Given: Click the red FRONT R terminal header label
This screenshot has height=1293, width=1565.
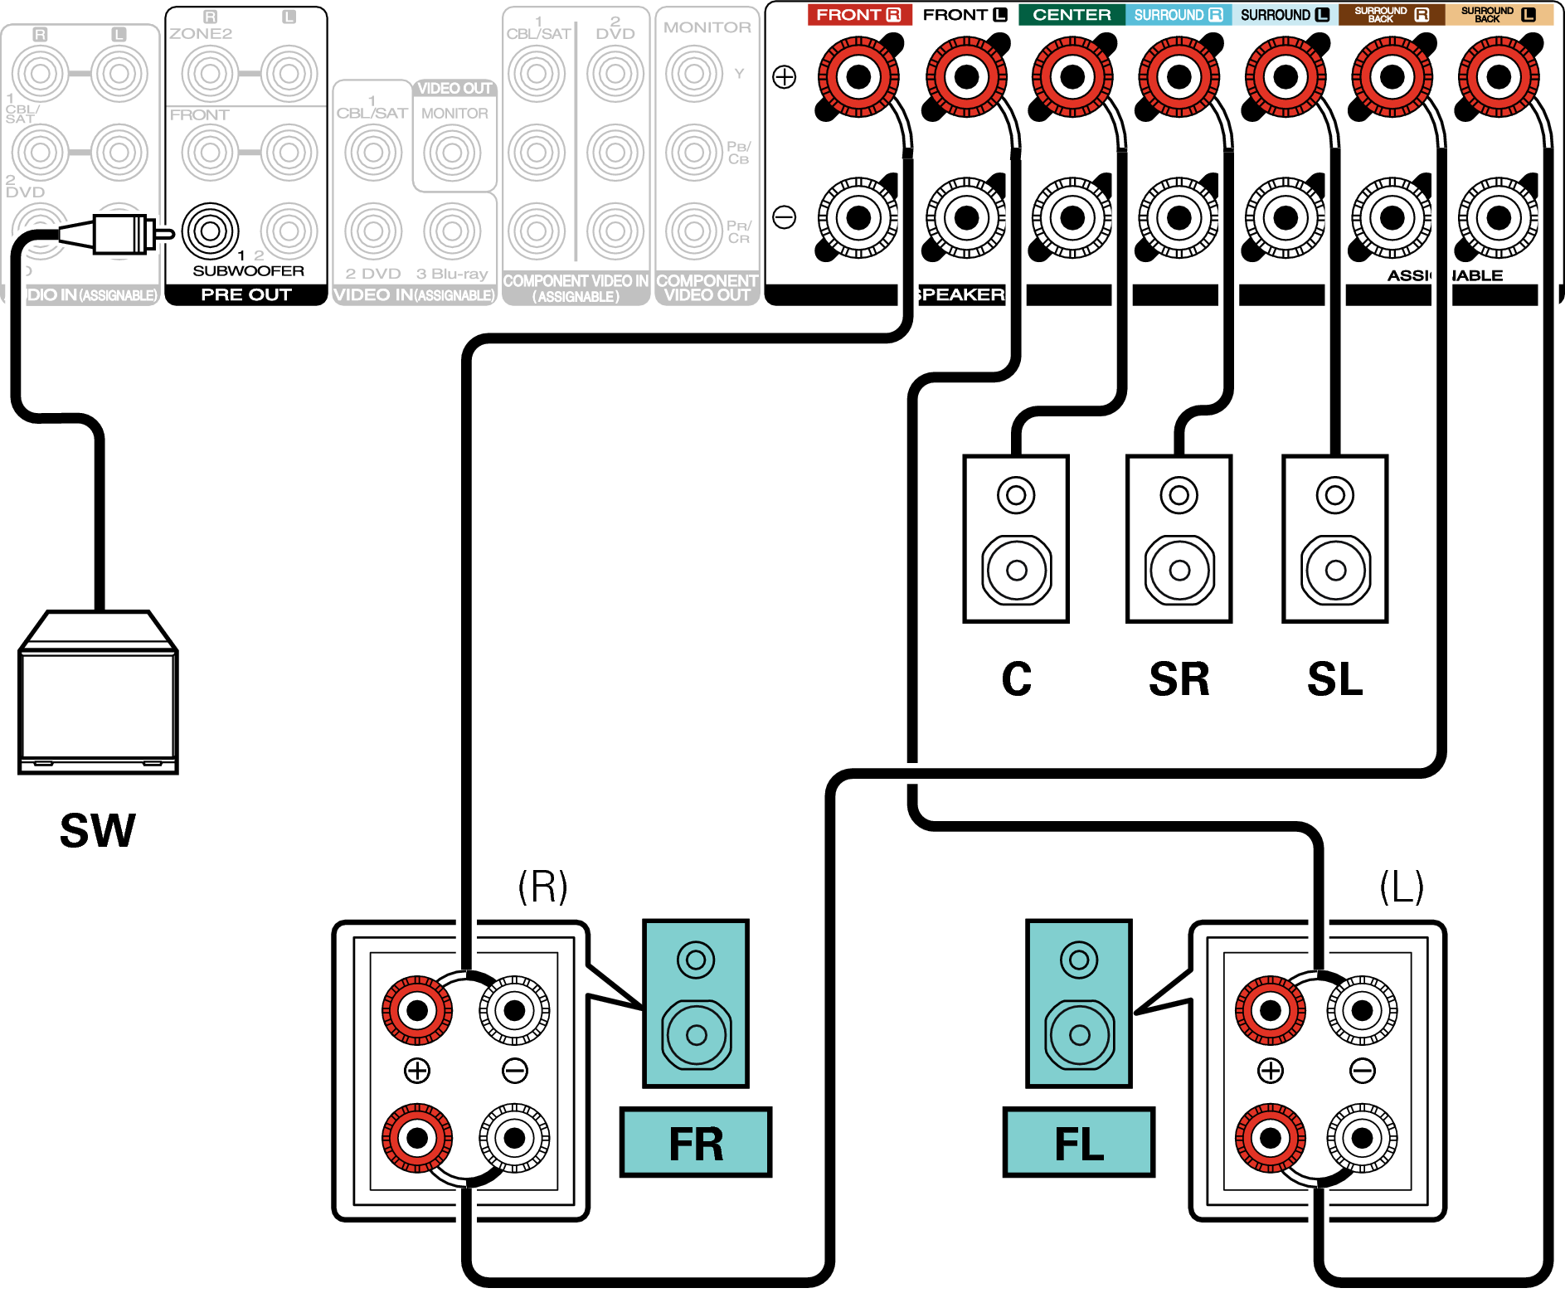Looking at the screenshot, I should pyautogui.click(x=859, y=15).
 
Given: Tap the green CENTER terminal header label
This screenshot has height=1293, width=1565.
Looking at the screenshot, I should pyautogui.click(x=1072, y=15).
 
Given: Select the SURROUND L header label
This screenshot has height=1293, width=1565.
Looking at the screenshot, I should pyautogui.click(x=1284, y=15).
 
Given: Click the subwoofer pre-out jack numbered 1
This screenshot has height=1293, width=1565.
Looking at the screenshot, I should pyautogui.click(x=211, y=231).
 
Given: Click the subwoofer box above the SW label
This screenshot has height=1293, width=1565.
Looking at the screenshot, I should pyautogui.click(x=99, y=693).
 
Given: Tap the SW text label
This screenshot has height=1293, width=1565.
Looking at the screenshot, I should pyautogui.click(x=98, y=830).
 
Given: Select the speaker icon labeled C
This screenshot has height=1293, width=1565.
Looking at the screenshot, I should pyautogui.click(x=1016, y=539).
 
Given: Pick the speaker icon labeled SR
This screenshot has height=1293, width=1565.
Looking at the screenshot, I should pyautogui.click(x=1179, y=539).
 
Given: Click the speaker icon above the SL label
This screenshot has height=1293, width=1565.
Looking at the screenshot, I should pyautogui.click(x=1334, y=539).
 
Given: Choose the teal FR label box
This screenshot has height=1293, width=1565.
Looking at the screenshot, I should pyautogui.click(x=696, y=1143).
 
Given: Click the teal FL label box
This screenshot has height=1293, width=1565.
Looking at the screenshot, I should pyautogui.click(x=1078, y=1143).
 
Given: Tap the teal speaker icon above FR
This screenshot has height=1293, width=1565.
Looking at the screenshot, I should pyautogui.click(x=696, y=1004).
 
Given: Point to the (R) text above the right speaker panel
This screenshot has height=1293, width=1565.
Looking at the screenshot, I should pyautogui.click(x=542, y=887).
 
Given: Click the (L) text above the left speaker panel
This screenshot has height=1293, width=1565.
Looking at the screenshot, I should pyautogui.click(x=1402, y=887).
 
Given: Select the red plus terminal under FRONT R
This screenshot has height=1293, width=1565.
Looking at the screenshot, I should pyautogui.click(x=858, y=77).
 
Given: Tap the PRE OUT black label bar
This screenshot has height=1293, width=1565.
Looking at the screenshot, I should pyautogui.click(x=246, y=294).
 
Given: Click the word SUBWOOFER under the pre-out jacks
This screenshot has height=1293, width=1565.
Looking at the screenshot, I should pyautogui.click(x=248, y=271).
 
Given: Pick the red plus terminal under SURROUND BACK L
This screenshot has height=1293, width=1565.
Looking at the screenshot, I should pyautogui.click(x=1499, y=77).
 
